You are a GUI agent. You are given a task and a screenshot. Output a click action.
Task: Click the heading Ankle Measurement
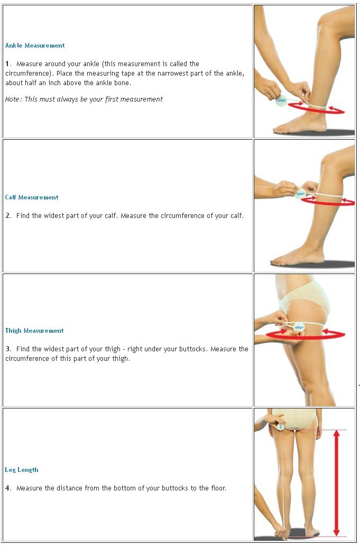35,46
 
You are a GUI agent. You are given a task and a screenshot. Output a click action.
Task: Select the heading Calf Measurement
32,197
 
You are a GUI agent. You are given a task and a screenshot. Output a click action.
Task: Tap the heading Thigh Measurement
34,331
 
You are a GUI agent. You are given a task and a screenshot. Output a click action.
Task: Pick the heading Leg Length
22,470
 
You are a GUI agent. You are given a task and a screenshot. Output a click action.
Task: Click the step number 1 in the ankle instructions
7,63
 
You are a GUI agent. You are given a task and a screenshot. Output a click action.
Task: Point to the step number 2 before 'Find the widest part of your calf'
8,215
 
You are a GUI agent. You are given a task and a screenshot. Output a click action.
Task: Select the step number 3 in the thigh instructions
8,349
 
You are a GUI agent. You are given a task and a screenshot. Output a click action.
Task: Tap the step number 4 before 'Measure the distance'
8,488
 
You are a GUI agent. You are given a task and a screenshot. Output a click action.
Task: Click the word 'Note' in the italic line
13,99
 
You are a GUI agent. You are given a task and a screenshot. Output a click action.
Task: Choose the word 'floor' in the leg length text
218,488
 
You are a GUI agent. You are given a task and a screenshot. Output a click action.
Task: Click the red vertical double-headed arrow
336,483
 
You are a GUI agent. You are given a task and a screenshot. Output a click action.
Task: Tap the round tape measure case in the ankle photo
281,101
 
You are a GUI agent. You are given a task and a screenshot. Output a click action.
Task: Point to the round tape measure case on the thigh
299,327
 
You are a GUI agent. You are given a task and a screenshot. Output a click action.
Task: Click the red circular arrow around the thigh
306,335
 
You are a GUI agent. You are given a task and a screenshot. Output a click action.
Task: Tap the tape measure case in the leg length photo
280,426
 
